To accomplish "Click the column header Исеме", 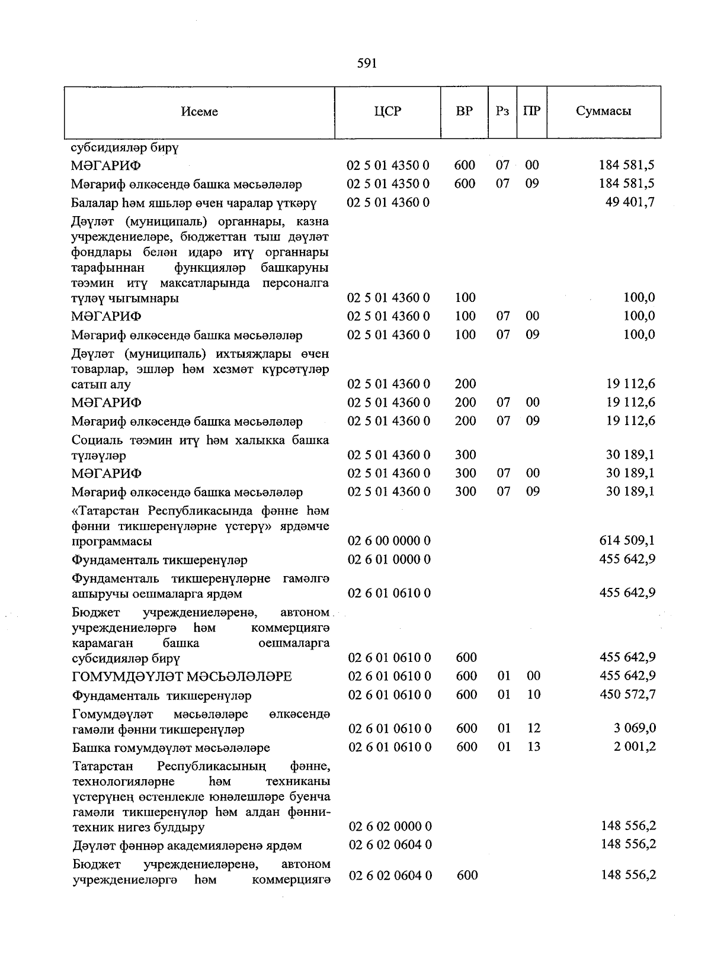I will point(200,112).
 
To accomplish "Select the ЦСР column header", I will point(387,111).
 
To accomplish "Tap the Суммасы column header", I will point(603,111).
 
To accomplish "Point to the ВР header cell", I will point(465,111).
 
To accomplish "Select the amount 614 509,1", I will point(627,541).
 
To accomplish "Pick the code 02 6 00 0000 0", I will point(389,541).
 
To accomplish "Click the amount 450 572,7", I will point(627,694).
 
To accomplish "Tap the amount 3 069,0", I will point(635,728).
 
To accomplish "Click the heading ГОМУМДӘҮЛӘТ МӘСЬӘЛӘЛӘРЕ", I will point(182,677).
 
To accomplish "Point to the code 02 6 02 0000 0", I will point(390,827).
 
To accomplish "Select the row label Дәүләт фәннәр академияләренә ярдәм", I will point(187,845).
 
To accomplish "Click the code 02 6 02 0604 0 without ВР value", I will point(390,845).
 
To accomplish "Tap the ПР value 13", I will point(533,747).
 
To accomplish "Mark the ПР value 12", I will point(533,728).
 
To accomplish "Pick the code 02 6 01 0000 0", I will point(389,559).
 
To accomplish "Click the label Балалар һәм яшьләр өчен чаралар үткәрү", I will point(194,204).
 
